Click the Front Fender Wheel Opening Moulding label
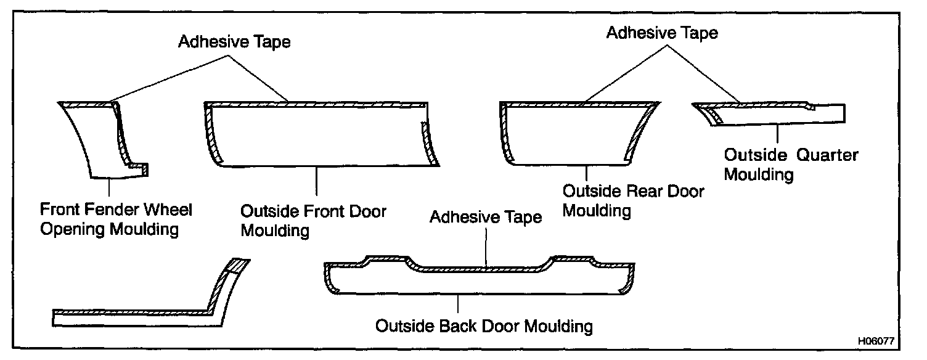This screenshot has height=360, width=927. (116, 219)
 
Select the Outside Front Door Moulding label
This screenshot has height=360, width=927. (313, 221)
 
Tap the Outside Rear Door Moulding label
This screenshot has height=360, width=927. (633, 200)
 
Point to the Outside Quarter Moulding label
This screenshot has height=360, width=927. (790, 164)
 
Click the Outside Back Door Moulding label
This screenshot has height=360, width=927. (484, 325)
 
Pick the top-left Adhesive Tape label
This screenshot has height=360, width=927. (234, 42)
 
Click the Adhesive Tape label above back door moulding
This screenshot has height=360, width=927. (486, 217)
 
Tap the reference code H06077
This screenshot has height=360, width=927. (875, 340)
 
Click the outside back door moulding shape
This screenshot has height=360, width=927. (481, 280)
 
